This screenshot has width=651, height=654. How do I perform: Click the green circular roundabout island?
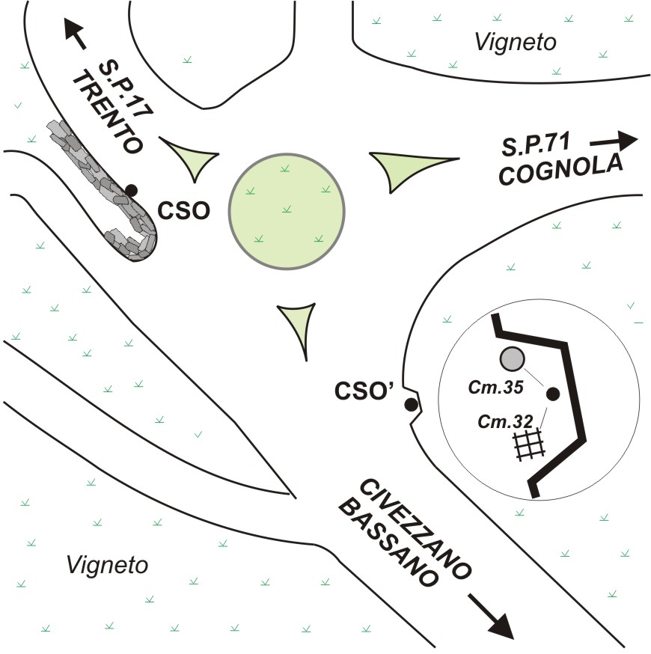click(287, 213)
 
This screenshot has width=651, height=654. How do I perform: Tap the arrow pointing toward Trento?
click(73, 33)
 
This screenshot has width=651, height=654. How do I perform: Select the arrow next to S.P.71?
click(614, 140)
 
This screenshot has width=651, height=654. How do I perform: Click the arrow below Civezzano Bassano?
click(490, 615)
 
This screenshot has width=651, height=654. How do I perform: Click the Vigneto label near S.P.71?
click(516, 43)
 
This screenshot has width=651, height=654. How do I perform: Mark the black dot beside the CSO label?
click(132, 190)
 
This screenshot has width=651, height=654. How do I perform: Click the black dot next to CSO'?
click(410, 405)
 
